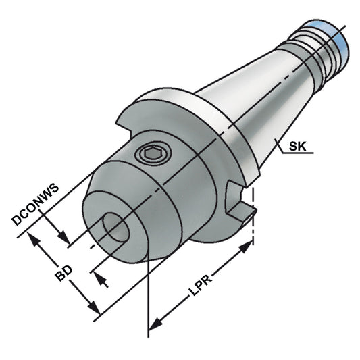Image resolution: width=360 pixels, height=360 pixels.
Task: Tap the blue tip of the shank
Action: point(336,36)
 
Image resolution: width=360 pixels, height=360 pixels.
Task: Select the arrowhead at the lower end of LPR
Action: point(154,322)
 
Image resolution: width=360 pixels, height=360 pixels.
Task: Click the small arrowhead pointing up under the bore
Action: point(99,278)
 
